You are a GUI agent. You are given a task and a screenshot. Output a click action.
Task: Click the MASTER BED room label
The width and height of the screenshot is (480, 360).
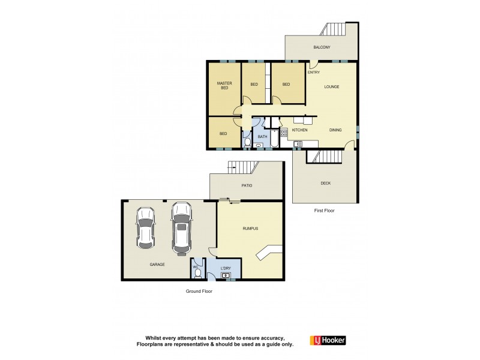click(224, 86)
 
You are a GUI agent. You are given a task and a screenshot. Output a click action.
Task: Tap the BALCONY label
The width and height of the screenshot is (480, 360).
click(322, 47)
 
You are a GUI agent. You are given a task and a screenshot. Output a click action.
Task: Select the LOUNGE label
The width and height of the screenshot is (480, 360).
click(332, 86)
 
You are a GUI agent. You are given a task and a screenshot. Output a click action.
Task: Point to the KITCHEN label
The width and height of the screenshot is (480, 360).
click(299, 130)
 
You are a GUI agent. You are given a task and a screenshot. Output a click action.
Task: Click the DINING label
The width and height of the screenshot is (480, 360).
click(335, 130)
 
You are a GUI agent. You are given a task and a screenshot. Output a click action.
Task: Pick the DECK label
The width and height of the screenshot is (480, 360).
click(325, 184)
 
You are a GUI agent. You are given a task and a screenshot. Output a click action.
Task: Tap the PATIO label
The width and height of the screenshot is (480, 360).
click(246, 185)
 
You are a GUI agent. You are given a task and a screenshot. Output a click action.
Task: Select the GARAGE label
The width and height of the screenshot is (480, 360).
click(157, 264)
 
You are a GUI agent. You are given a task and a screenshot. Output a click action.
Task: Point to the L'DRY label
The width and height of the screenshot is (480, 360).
click(226, 268)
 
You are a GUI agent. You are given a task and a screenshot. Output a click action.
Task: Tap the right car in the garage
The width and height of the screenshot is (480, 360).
click(181, 227)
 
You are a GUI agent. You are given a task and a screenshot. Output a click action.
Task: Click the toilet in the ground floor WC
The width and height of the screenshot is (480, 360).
click(197, 272)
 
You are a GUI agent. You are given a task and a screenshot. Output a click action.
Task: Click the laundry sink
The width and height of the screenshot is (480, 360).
click(227, 275)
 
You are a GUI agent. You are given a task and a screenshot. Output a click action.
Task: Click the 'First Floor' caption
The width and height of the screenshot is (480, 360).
click(324, 211)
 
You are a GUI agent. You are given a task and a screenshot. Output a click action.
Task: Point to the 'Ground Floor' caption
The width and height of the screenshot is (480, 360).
click(199, 291)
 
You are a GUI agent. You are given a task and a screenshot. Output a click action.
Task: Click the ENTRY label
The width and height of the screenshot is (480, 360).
click(314, 73)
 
